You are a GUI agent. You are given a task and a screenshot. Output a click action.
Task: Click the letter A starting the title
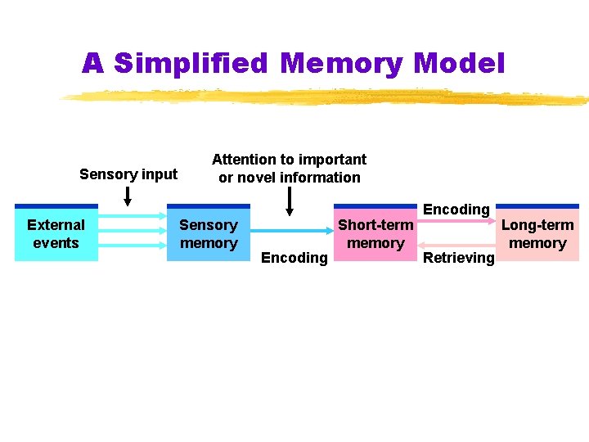(92, 63)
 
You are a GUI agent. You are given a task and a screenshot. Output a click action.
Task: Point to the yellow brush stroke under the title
(327, 98)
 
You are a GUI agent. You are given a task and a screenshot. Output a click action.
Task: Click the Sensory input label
(128, 174)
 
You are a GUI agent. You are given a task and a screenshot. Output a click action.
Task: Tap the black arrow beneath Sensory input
(128, 196)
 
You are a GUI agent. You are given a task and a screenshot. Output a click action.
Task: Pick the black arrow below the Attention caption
(289, 201)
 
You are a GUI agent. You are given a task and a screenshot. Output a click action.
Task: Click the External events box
(56, 233)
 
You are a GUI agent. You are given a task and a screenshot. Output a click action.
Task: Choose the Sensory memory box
(208, 233)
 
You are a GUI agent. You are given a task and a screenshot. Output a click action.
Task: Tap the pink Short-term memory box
(375, 233)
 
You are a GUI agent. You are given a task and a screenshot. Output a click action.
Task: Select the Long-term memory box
(537, 233)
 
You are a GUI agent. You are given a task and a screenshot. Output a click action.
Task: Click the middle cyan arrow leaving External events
(132, 232)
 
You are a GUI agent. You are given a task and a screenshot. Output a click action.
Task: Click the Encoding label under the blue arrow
(294, 258)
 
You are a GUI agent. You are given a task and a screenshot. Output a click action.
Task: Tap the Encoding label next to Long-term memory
(456, 210)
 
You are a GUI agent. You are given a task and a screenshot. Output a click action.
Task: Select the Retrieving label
(458, 258)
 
